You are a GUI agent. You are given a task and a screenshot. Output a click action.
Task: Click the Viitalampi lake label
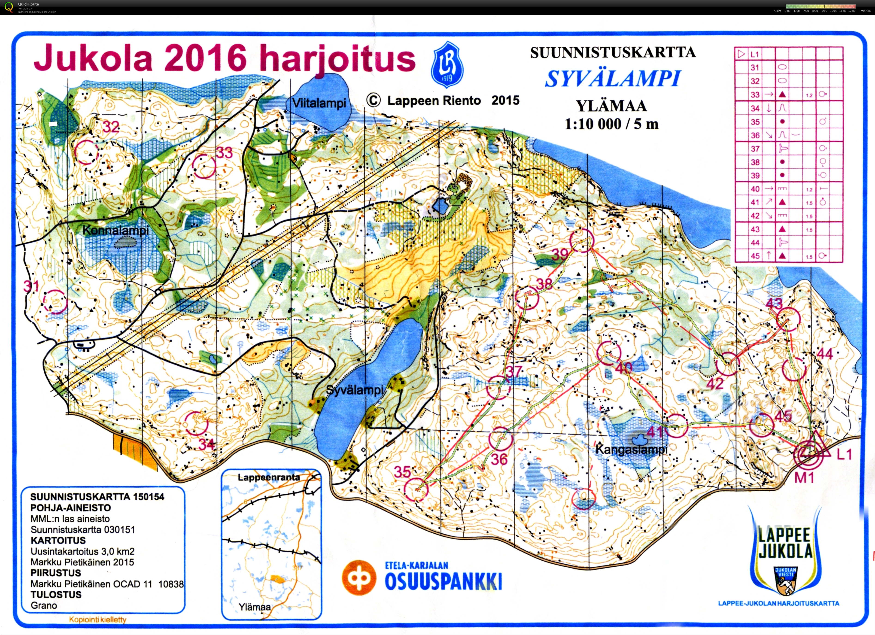(319, 103)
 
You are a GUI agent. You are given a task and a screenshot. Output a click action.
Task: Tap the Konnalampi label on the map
(116, 231)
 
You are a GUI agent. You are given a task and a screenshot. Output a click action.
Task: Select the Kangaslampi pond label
(632, 450)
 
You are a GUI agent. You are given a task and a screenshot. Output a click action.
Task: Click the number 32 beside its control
(111, 127)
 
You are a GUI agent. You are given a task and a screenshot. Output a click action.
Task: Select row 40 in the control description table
(788, 189)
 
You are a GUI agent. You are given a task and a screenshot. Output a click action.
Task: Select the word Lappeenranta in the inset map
(268, 477)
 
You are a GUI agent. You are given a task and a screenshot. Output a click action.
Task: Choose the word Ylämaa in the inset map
(255, 607)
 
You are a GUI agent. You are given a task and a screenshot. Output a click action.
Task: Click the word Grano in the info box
(44, 605)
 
